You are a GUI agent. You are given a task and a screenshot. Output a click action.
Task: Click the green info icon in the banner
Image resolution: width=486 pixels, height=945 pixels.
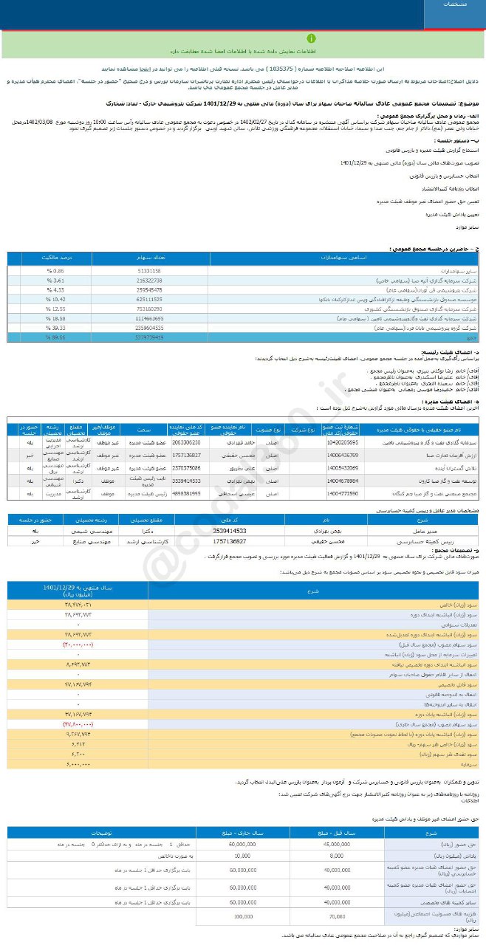coord(311,38)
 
